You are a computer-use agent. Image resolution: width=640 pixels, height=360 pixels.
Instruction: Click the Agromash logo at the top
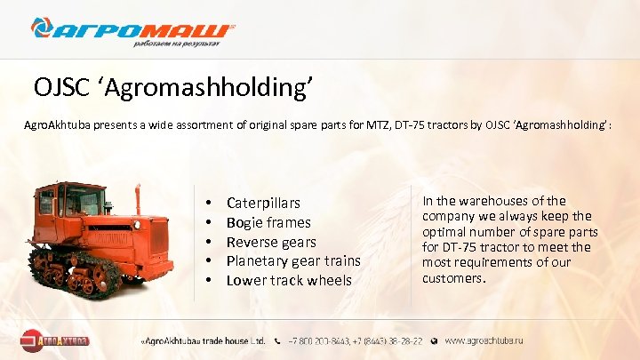133,31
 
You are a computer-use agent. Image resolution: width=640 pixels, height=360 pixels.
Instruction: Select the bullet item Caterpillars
263,204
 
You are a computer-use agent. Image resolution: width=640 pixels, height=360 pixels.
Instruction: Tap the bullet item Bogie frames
268,222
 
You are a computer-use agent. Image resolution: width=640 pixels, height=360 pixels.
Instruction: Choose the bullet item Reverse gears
272,242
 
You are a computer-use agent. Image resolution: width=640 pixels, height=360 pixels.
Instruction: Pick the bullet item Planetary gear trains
293,260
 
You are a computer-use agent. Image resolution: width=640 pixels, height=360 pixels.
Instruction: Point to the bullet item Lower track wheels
289,280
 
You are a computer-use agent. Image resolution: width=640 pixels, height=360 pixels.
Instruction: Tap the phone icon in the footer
279,340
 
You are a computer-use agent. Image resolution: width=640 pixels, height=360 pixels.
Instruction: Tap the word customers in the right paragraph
452,278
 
